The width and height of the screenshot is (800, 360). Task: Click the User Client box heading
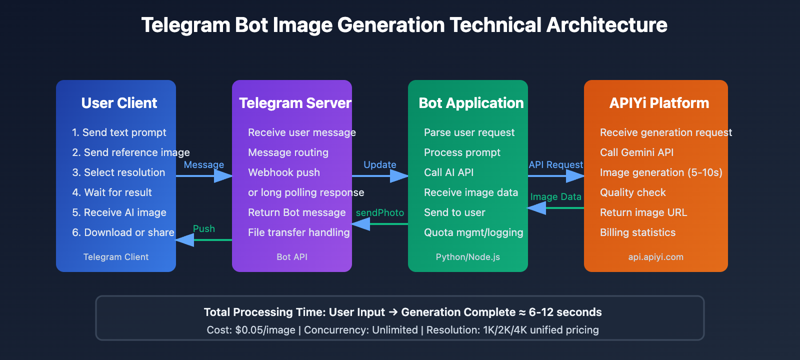pos(119,103)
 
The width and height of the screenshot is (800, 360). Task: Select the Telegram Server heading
pos(295,103)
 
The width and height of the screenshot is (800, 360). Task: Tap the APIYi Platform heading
pos(659,103)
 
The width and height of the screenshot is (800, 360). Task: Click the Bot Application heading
pos(471,103)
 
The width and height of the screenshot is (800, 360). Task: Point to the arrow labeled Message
pos(204,175)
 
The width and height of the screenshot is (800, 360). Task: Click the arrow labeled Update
pos(380,175)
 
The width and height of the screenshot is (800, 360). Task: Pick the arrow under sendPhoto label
pos(380,224)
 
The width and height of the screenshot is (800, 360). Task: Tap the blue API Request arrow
pos(556,175)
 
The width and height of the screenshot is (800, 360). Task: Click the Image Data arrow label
pos(555,197)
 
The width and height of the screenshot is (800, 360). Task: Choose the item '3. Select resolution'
pos(118,172)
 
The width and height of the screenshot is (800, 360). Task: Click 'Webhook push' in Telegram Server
pos(284,172)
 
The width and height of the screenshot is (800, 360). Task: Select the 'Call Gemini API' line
pos(636,152)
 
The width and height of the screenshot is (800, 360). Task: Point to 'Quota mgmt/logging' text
pos(473,232)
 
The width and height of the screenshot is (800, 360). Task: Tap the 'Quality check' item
pos(632,192)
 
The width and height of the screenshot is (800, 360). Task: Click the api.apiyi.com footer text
pos(655,257)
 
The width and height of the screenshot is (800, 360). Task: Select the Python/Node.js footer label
pos(467,257)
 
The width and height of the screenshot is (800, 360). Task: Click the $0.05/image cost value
pos(265,330)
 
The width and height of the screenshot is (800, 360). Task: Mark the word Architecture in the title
pos(606,25)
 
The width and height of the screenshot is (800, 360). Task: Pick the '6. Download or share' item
pos(123,232)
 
